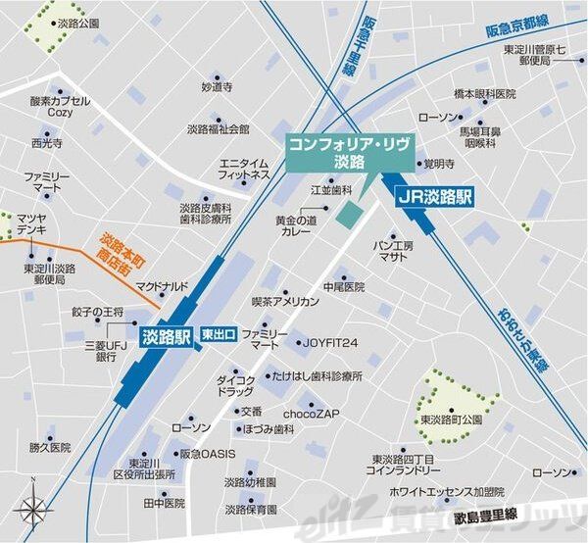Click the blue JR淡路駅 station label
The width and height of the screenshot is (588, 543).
pyautogui.click(x=434, y=196)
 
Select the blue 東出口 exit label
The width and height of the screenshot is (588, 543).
pyautogui.click(x=218, y=335)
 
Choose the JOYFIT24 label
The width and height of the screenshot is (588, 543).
pyautogui.click(x=329, y=343)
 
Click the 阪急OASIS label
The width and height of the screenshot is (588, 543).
pyautogui.click(x=207, y=455)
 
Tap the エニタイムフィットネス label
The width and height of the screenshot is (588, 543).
pyautogui.click(x=244, y=169)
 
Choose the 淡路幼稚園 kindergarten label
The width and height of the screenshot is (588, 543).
pyautogui.click(x=250, y=482)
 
